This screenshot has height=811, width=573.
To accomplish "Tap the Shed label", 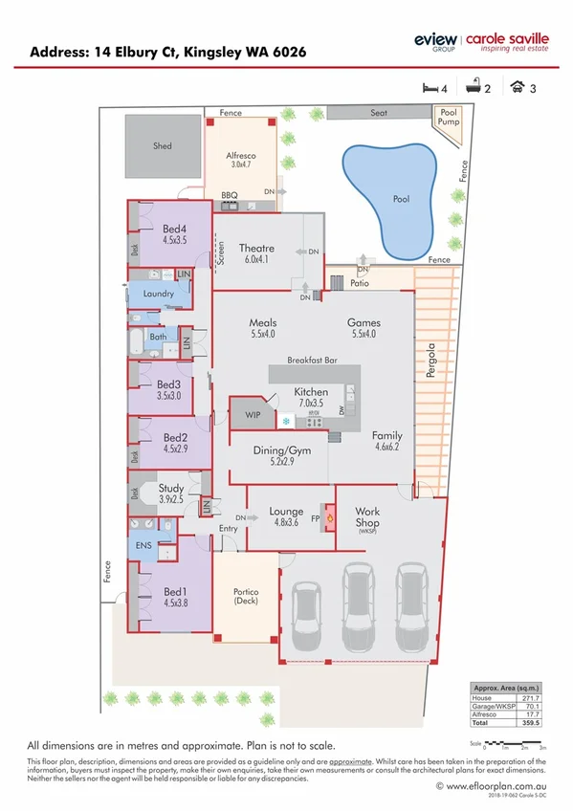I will (163, 146).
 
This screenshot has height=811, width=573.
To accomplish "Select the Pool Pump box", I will (450, 118).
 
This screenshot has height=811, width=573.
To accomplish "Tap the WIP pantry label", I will (253, 414).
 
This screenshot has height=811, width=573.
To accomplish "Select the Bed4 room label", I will (173, 229).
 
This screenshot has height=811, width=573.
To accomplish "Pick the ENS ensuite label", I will (143, 546).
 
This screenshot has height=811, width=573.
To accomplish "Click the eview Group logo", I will (434, 42).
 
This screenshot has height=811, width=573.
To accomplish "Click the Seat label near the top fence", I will (379, 112).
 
